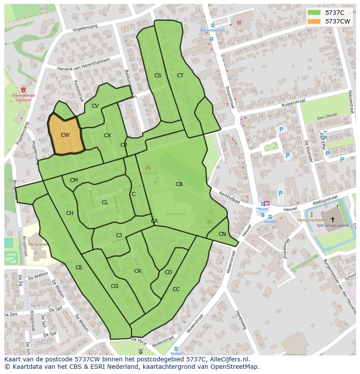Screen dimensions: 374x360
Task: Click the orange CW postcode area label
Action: [x=65, y=135]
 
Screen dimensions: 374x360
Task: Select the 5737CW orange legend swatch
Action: [x=313, y=21]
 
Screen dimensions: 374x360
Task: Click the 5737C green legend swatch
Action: [x=313, y=13]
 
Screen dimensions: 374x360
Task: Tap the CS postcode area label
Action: [x=158, y=76]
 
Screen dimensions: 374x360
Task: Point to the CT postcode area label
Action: [x=180, y=76]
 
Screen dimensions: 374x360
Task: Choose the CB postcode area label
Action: [x=179, y=184]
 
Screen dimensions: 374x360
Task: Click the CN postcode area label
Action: [x=222, y=234]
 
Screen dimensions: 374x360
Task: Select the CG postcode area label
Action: [x=115, y=286]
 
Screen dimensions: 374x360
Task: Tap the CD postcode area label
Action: [x=168, y=272]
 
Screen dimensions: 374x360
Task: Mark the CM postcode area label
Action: [x=74, y=180]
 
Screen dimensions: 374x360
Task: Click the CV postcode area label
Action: [x=95, y=106]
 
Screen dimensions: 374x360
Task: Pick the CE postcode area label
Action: [x=79, y=268]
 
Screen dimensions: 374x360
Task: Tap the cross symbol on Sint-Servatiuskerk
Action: [x=333, y=219]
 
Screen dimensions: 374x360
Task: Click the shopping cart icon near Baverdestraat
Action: [x=239, y=22]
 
